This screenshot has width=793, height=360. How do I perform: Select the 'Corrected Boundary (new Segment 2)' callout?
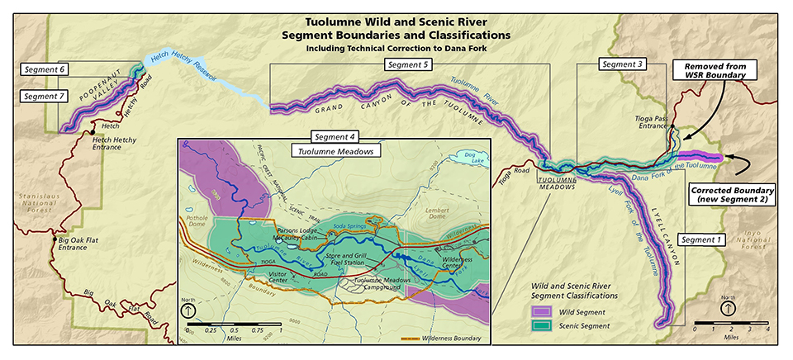pos(731,195)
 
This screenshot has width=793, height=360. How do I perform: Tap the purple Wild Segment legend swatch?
pos(541,312)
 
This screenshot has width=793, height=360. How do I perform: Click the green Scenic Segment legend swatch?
pos(541,326)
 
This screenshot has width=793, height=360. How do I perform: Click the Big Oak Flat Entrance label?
pos(83,244)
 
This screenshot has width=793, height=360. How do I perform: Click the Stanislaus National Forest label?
pos(28,202)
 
